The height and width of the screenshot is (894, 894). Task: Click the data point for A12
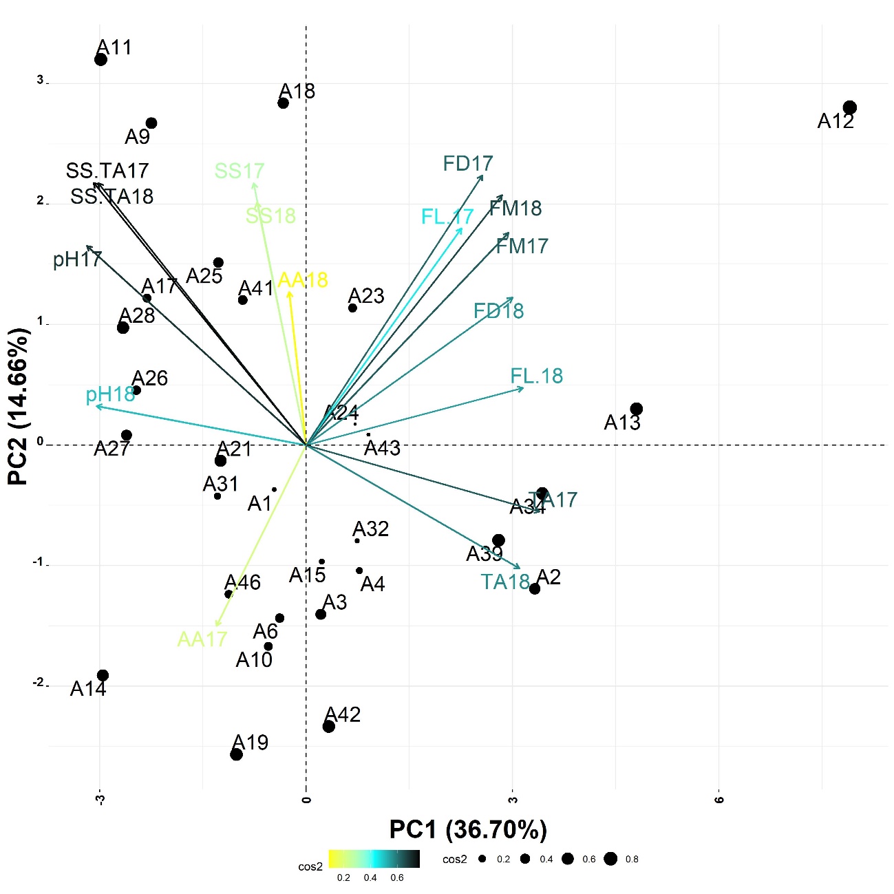849,107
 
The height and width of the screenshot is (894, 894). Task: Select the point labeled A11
100,59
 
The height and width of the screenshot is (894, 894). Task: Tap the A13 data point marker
636,409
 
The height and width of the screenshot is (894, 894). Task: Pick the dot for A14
103,675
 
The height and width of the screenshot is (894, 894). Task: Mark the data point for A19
236,754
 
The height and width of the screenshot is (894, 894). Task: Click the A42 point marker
328,726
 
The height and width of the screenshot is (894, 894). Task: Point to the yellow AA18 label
303,280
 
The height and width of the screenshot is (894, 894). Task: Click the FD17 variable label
468,163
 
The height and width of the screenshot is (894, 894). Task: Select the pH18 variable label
110,394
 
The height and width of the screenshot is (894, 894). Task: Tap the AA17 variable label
202,639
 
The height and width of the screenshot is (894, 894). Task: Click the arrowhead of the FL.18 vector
523,388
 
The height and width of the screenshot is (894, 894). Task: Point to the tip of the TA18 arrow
520,568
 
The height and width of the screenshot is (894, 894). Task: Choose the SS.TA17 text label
107,170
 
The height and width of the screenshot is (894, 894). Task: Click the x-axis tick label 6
719,799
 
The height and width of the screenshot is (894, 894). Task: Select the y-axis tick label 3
40,81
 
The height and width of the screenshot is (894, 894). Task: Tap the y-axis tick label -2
39,683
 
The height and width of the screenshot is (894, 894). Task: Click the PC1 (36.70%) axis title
468,829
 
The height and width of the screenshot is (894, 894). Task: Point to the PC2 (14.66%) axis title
19,406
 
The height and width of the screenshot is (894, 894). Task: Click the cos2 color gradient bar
374,859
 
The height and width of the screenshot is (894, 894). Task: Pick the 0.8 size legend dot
610,858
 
